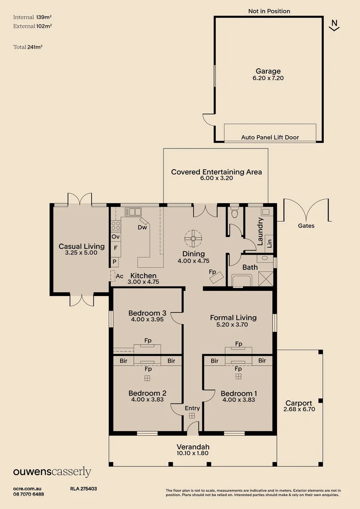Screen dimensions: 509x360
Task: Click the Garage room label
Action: pyautogui.click(x=269, y=72)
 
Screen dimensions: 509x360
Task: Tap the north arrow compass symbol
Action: pyautogui.click(x=335, y=25)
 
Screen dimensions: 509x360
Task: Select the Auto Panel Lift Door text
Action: pyautogui.click(x=270, y=138)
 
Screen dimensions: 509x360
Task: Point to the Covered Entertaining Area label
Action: pyautogui.click(x=216, y=172)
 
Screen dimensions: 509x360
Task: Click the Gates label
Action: pyautogui.click(x=306, y=226)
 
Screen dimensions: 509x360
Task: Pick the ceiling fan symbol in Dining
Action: pyautogui.click(x=193, y=238)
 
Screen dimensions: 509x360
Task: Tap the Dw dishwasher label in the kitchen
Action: pyautogui.click(x=142, y=228)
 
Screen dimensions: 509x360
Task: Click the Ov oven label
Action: pyautogui.click(x=115, y=237)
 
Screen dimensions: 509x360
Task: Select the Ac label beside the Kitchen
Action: pyautogui.click(x=119, y=276)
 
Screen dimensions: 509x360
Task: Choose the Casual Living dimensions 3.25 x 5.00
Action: pyautogui.click(x=81, y=253)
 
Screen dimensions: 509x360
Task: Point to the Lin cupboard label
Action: pyautogui.click(x=269, y=244)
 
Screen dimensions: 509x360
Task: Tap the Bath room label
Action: pyautogui.click(x=250, y=267)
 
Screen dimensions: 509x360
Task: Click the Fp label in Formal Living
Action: pyautogui.click(x=238, y=344)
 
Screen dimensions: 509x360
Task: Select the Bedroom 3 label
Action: pyautogui.click(x=147, y=313)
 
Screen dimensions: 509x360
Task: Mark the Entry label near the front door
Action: pyautogui.click(x=192, y=408)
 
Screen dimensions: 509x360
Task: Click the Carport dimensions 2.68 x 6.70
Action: pyautogui.click(x=299, y=410)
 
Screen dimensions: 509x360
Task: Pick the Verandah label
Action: pyautogui.click(x=193, y=447)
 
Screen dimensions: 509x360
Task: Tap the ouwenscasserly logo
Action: pyautogui.click(x=52, y=472)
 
